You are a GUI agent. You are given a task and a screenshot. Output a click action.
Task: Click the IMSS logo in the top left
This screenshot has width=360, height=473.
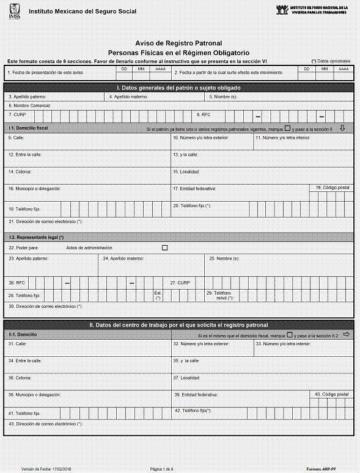[x=13, y=11]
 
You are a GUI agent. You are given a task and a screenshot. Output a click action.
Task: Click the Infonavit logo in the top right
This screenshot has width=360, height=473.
[x=282, y=10]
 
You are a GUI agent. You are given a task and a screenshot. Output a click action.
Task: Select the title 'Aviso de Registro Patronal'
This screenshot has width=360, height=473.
[x=178, y=43]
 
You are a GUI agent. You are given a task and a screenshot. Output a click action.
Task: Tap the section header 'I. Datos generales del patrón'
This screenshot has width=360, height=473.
[x=179, y=88]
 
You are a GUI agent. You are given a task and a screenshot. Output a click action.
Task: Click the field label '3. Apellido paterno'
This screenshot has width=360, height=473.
[x=28, y=97]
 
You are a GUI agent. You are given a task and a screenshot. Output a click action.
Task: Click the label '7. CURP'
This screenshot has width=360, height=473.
[x=17, y=114]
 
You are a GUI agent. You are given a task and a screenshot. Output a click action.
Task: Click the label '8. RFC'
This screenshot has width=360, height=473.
[x=203, y=114]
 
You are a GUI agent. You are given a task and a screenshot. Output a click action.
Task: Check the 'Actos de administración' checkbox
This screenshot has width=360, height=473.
[x=164, y=248]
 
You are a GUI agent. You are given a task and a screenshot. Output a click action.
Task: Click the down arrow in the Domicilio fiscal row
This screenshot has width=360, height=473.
[x=342, y=128]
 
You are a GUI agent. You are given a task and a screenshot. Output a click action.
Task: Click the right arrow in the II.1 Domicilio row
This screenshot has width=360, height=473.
[x=346, y=334]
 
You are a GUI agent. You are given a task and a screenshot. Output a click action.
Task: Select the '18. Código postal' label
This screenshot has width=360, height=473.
[x=332, y=187]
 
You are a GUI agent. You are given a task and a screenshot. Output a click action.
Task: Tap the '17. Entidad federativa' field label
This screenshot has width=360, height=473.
[x=194, y=188]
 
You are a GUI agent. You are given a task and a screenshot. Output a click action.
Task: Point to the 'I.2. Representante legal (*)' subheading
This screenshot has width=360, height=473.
[x=37, y=237]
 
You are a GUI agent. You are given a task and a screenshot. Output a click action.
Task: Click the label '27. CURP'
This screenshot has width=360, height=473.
[x=181, y=283]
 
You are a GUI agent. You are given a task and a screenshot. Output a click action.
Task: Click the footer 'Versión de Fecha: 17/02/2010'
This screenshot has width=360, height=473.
[x=46, y=468]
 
